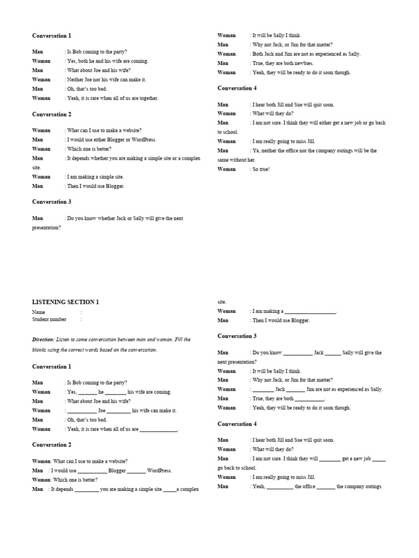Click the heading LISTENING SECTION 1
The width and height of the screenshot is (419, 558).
65,302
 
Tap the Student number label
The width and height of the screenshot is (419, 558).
49,319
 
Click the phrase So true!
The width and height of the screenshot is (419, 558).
261,169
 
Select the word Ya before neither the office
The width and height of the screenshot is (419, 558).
255,151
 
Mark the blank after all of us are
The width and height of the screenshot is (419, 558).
158,429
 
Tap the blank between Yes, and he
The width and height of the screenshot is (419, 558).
87,392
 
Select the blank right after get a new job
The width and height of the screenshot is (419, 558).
378,459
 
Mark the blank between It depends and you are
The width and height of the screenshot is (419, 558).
87,490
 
